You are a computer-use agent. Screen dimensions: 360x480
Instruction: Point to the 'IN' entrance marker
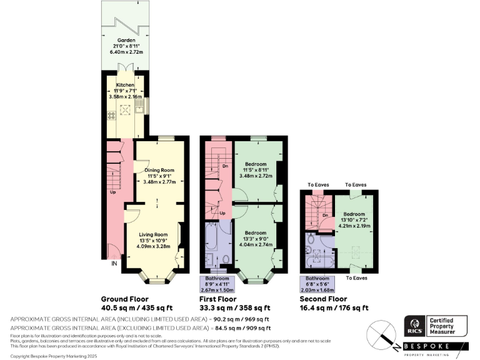(x=114, y=264)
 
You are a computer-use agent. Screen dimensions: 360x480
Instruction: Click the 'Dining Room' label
(x=158, y=170)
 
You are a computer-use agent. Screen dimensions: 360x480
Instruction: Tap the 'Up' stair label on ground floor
(x=113, y=192)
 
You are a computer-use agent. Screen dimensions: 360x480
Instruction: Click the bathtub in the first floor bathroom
(x=210, y=245)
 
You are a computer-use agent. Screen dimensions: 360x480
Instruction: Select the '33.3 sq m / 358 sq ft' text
(x=236, y=307)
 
